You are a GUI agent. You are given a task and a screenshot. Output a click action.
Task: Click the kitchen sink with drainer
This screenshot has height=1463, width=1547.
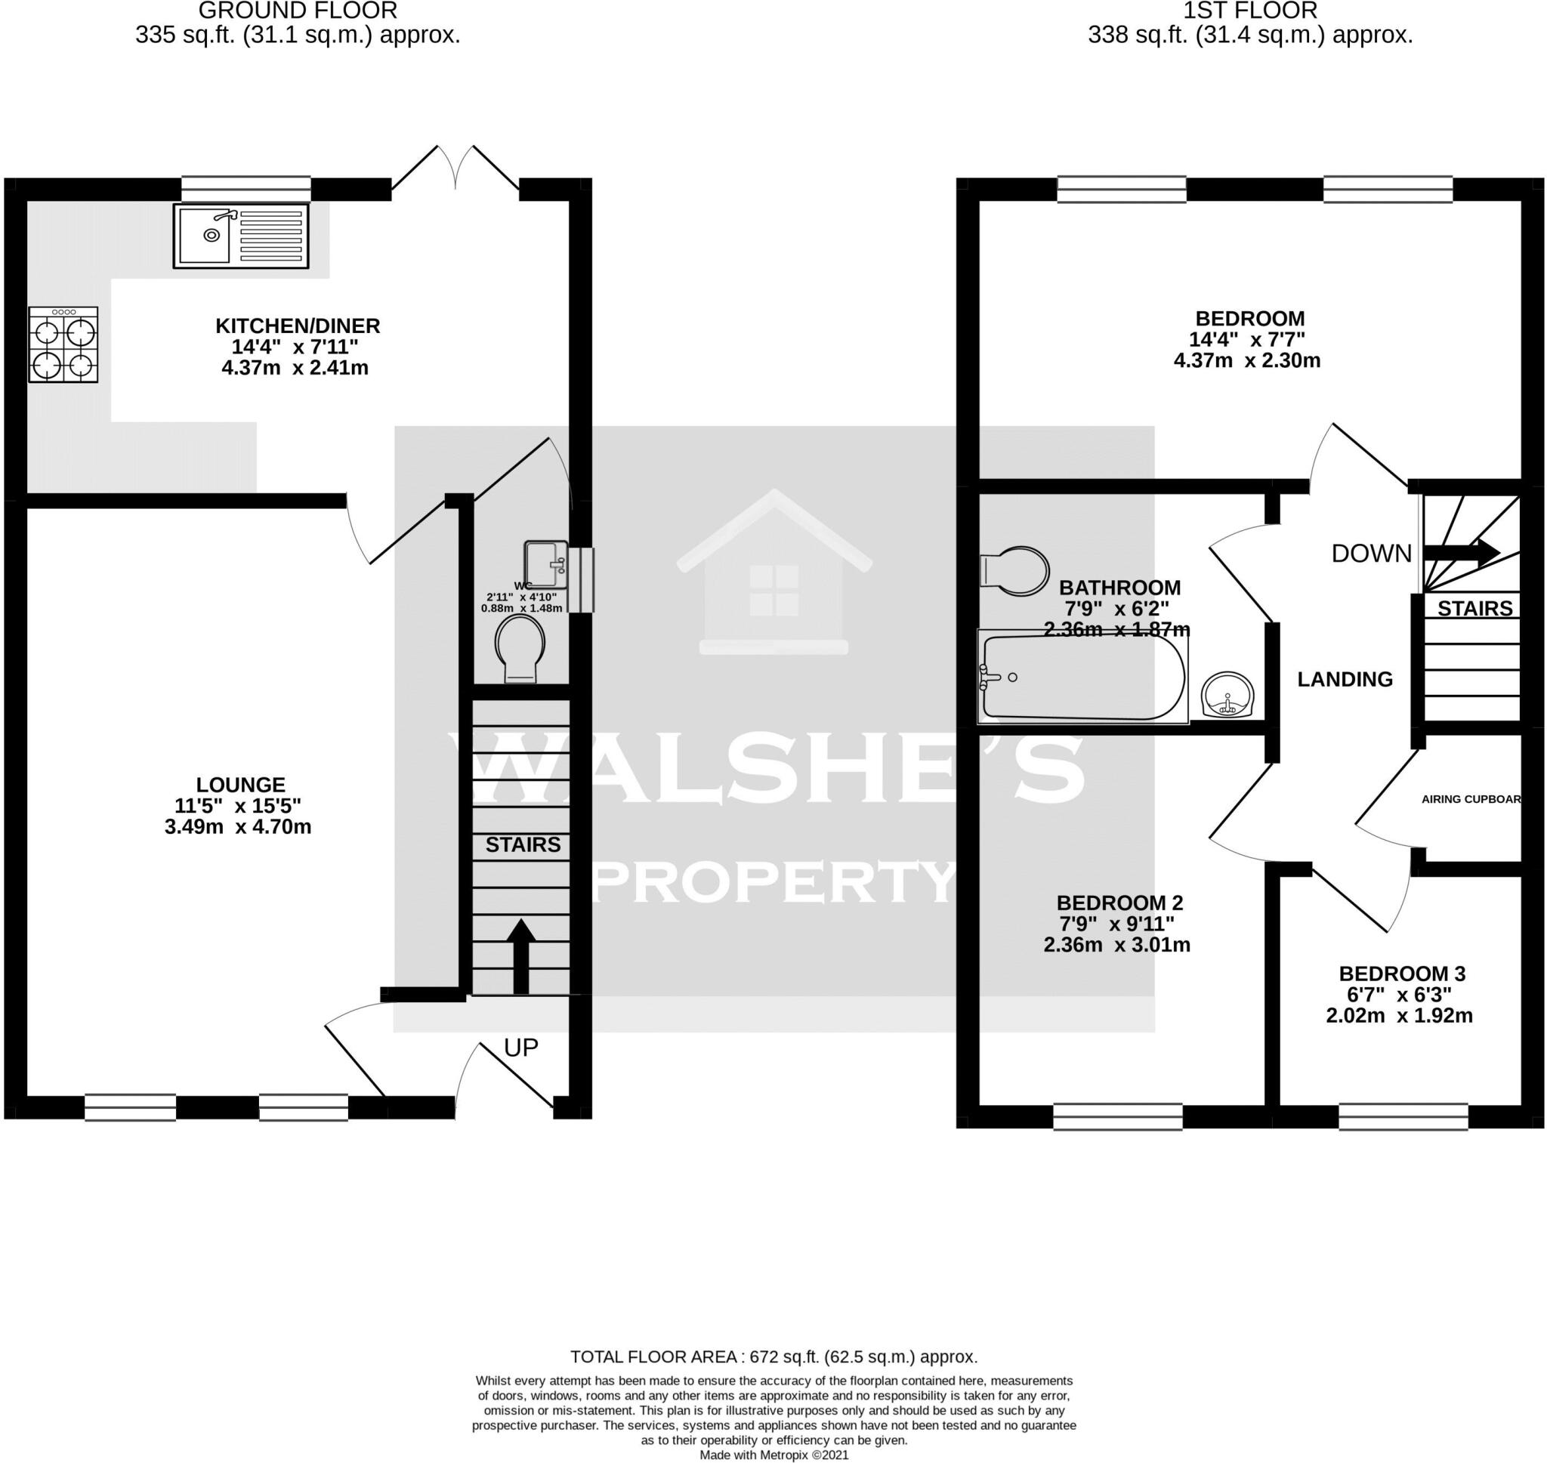point(240,236)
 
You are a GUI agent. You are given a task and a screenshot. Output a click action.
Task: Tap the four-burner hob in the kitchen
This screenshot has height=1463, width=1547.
point(63,344)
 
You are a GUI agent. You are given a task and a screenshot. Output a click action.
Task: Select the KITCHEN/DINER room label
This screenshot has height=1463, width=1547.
point(297,326)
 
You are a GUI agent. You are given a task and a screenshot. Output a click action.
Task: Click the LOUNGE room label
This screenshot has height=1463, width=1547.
point(240,785)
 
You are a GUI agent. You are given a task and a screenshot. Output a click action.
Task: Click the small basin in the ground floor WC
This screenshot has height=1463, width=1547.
point(546,564)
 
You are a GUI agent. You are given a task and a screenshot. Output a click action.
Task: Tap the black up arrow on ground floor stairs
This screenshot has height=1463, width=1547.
point(521,955)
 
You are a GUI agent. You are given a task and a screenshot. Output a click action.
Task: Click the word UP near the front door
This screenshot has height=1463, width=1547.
point(521,1048)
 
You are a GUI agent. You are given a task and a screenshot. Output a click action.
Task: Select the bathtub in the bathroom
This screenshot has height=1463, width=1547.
point(1083,677)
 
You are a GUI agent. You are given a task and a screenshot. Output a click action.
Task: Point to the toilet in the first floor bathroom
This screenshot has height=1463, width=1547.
point(1014,571)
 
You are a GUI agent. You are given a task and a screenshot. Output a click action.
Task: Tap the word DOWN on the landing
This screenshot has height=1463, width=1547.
point(1372,554)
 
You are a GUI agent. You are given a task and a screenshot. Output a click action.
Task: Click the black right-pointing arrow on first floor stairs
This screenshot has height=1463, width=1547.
point(1461,552)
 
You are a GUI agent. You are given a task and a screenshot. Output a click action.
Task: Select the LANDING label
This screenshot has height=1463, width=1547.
point(1345,679)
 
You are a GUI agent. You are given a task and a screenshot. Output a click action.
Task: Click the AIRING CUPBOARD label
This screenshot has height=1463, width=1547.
point(1471,798)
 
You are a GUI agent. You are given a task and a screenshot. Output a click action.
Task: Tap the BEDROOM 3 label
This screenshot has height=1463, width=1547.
point(1402,974)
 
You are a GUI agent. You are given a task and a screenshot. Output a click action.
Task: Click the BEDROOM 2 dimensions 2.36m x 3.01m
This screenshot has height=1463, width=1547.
point(1116,945)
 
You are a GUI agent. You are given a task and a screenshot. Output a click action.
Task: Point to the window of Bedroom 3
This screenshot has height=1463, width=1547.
point(1403,1117)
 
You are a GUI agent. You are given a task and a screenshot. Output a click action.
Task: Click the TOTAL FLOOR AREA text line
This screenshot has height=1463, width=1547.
point(773,1357)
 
